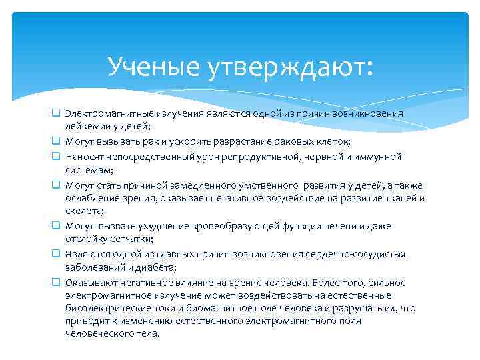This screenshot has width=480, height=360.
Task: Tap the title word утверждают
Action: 293,66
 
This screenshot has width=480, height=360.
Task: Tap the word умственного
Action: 267,185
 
